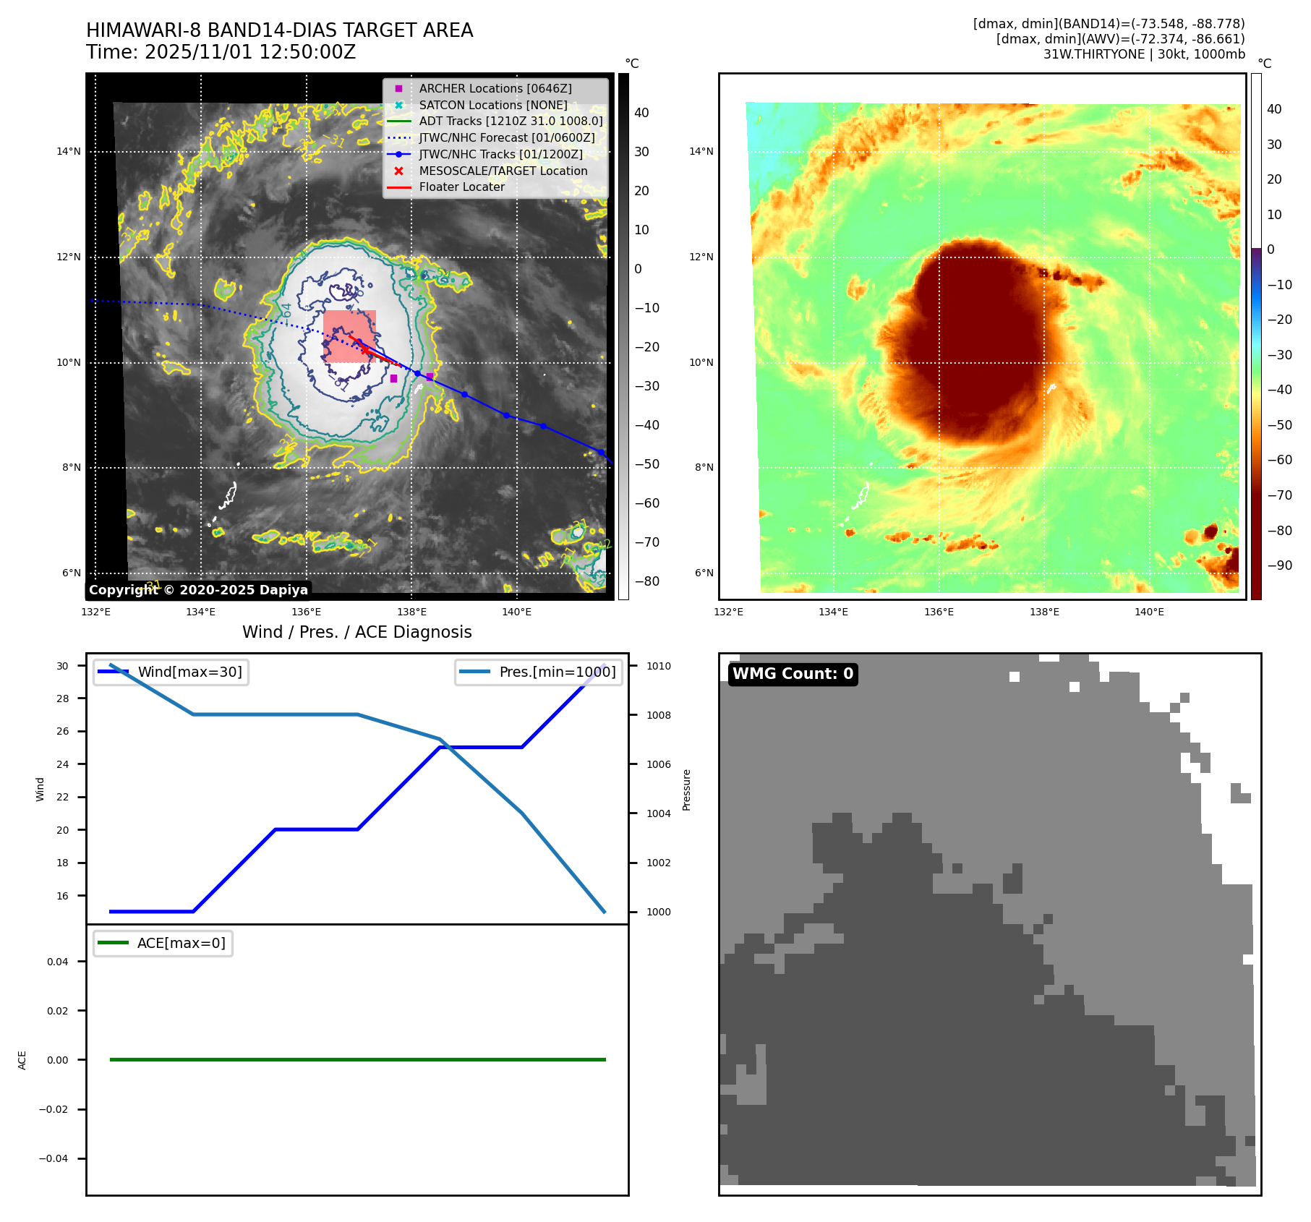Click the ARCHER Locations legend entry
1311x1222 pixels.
pos(495,88)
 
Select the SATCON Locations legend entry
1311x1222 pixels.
pos(492,105)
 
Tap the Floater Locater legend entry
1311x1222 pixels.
pos(461,187)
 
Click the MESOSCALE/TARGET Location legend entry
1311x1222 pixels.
pos(503,171)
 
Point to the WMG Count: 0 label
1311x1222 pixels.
pos(793,674)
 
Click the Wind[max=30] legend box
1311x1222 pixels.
pos(171,672)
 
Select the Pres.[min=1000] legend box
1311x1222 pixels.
pos(539,672)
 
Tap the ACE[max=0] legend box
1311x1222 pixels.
pos(163,943)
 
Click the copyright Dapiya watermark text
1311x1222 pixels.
pos(198,590)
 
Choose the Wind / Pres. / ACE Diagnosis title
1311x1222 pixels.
pos(356,632)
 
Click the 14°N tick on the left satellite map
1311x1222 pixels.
pos(69,152)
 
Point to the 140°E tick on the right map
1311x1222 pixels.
pos(1149,612)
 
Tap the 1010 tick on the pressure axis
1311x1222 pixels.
pos(658,666)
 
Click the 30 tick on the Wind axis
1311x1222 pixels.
pos(63,666)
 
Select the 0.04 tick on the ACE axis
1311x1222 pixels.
pos(57,962)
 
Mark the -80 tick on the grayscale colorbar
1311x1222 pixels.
pos(646,581)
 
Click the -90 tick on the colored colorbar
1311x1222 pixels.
pos(1279,565)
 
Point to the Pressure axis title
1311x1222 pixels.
pos(686,790)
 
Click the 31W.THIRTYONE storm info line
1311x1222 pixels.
pos(1144,54)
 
